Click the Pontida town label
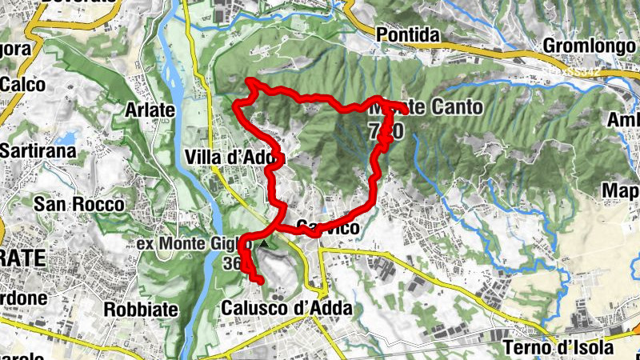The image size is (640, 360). pos(408,36)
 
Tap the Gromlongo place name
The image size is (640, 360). pos(588,46)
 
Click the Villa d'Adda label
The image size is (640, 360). pos(232,158)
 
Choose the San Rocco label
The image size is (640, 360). pos(78,204)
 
